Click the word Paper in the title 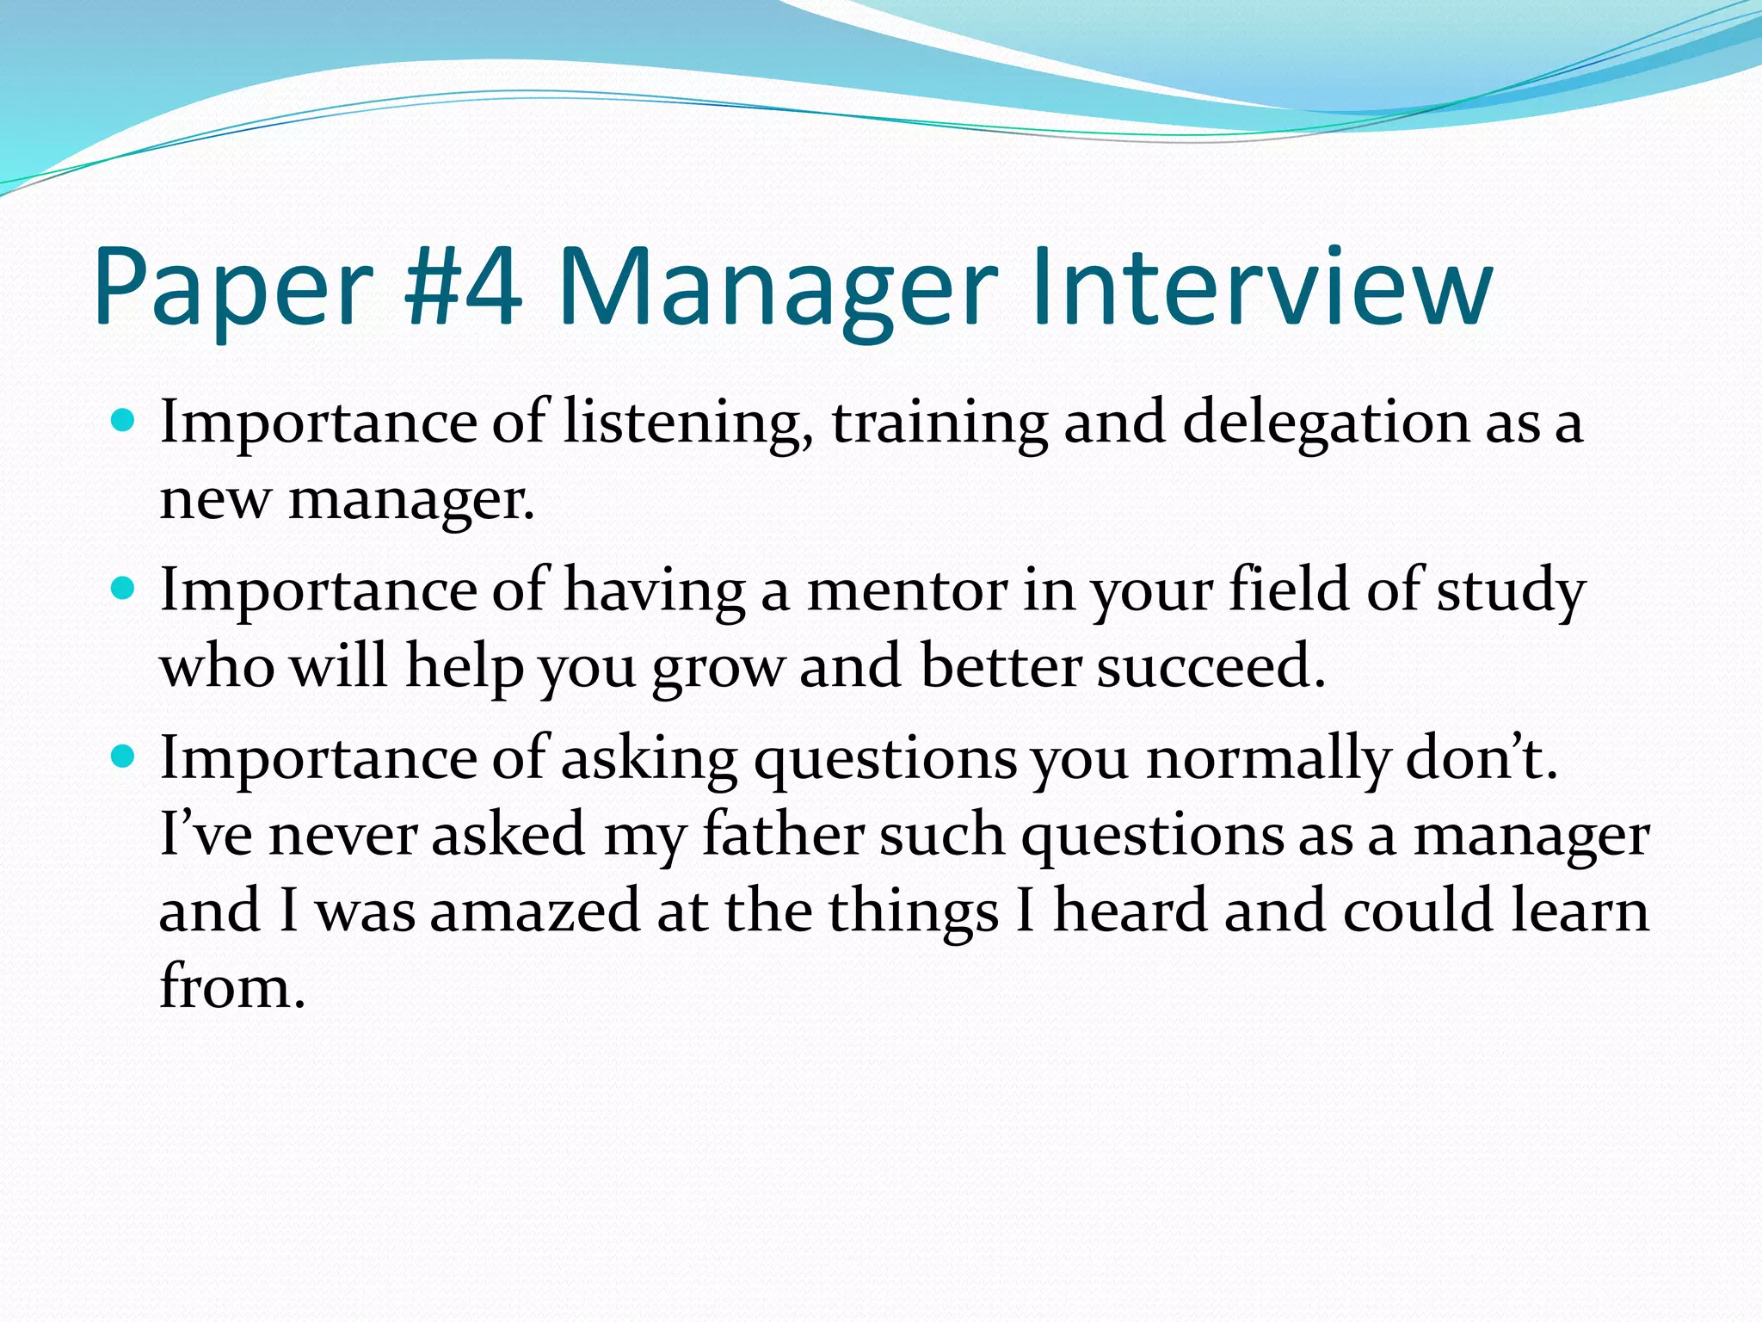click(x=233, y=288)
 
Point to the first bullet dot click(x=124, y=422)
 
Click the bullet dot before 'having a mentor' click(x=124, y=590)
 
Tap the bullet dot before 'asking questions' click(x=124, y=757)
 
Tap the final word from click(x=232, y=986)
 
